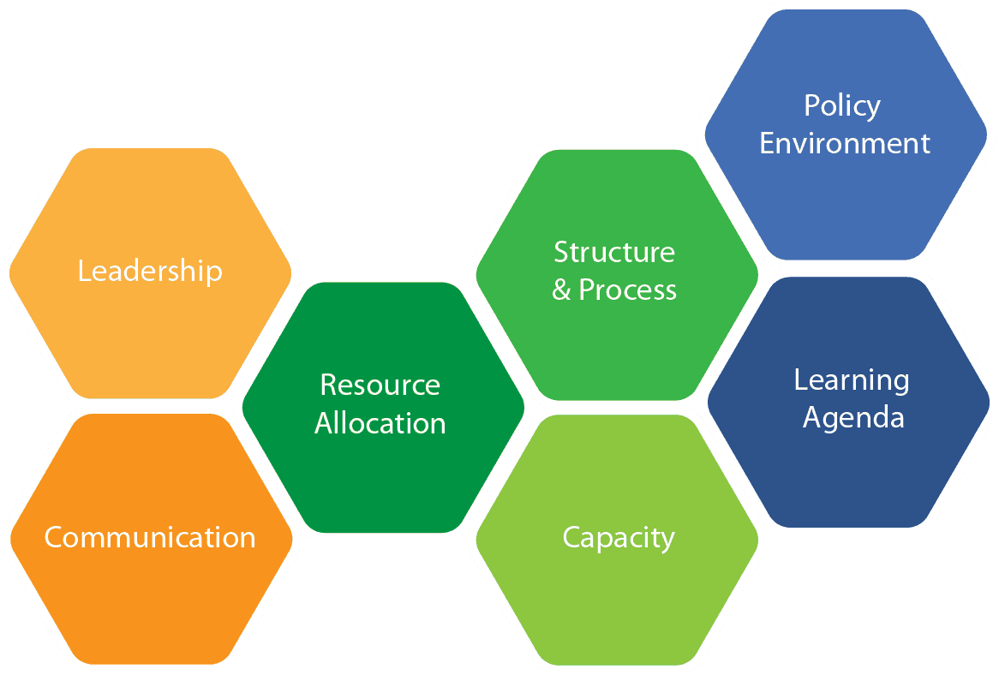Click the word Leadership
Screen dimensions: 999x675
(150, 272)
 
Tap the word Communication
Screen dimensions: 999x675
(150, 537)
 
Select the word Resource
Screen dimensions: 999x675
(380, 385)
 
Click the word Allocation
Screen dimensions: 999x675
(380, 423)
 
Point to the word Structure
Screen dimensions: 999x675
(614, 252)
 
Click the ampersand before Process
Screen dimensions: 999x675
(561, 290)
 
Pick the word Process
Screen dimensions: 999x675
(627, 290)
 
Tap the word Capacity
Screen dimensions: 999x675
(619, 539)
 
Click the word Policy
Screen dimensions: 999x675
(842, 106)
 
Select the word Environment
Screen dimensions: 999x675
(845, 143)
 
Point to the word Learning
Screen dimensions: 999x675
(852, 381)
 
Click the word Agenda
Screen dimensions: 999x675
(853, 418)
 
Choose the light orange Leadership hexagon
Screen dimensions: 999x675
(150, 273)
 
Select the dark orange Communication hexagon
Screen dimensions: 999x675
(151, 539)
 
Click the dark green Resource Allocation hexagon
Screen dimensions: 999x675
(383, 407)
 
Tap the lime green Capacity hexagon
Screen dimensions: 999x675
(617, 540)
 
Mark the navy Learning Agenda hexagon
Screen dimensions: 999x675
(848, 402)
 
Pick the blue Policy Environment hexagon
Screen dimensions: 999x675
(846, 134)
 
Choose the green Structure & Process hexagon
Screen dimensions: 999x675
(617, 275)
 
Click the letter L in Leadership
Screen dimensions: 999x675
(85, 271)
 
